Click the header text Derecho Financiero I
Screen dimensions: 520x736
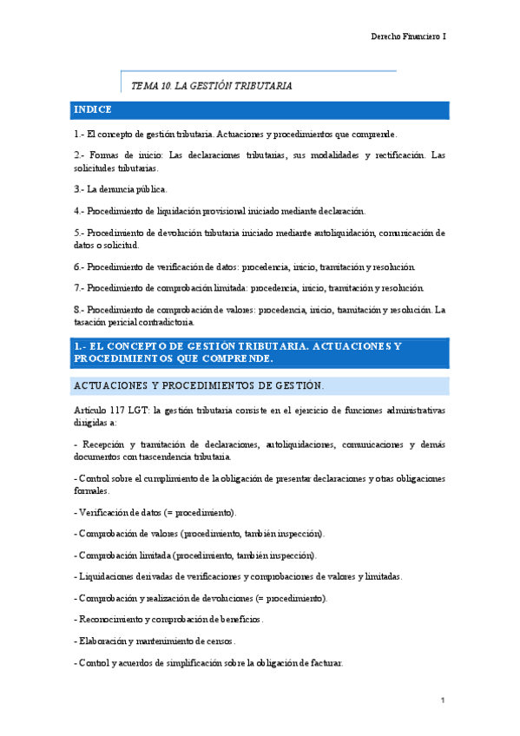coord(408,36)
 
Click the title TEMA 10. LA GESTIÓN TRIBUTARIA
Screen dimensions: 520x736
coord(211,86)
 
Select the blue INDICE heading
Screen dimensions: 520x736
coord(94,110)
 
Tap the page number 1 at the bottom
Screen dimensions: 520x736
coord(443,700)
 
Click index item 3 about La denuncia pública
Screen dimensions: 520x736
coord(122,188)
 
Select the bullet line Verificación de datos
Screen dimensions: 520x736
coord(155,511)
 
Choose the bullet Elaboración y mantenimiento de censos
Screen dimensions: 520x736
coord(156,641)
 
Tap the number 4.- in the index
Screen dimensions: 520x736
coord(79,210)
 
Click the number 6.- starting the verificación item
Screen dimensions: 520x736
coord(79,266)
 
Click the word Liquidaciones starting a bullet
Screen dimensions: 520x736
coord(105,576)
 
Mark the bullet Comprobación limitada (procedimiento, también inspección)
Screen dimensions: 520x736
coord(196,555)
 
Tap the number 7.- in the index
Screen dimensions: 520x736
coord(79,287)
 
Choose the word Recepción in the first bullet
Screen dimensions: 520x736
coord(103,444)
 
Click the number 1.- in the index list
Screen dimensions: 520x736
coord(79,135)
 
